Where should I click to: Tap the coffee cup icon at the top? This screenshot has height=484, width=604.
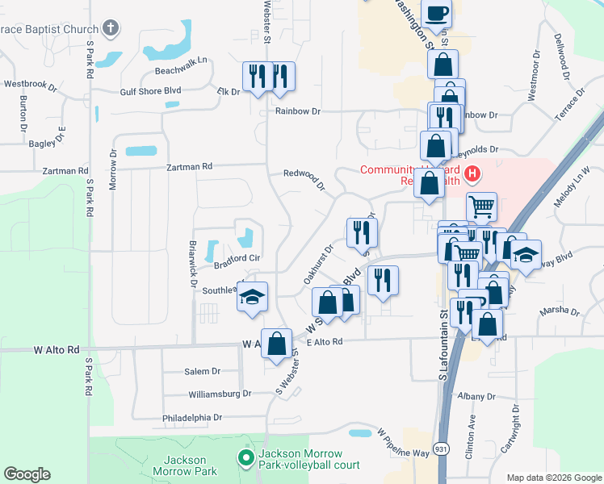click(436, 15)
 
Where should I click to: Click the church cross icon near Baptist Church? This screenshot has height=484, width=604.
click(112, 29)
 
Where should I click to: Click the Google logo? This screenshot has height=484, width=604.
click(27, 474)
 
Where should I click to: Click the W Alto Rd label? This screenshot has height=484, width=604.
click(57, 350)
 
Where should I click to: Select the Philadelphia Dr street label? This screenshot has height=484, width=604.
click(191, 418)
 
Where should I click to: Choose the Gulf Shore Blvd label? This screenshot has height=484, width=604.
click(150, 91)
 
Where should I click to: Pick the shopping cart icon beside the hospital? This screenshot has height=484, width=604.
click(481, 207)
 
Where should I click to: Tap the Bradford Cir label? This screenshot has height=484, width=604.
click(236, 258)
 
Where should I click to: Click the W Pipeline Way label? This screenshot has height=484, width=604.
click(402, 442)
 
